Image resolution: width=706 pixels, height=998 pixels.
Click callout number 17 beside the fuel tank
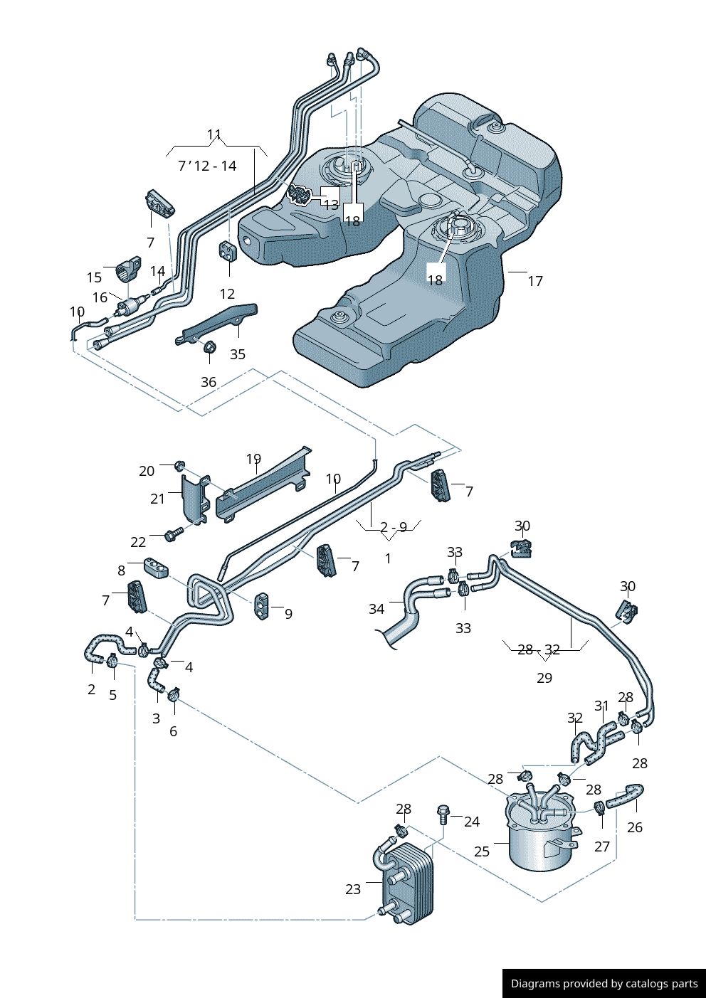tap(535, 281)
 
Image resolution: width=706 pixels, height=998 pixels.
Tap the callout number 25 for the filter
tap(482, 851)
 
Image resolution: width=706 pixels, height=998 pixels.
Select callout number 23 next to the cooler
tap(353, 889)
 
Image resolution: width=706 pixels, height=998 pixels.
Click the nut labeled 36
tap(210, 347)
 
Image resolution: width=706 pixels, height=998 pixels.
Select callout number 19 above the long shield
tap(253, 460)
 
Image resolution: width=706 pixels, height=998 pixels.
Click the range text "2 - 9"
tap(394, 527)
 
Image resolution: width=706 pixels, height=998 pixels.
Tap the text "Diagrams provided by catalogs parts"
tap(604, 984)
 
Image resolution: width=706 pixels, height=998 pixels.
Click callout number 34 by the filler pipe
tap(376, 609)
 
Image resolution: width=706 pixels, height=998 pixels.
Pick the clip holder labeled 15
tap(129, 268)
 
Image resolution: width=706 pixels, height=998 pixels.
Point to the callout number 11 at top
tap(214, 134)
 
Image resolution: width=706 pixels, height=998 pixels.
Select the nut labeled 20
tap(179, 466)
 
